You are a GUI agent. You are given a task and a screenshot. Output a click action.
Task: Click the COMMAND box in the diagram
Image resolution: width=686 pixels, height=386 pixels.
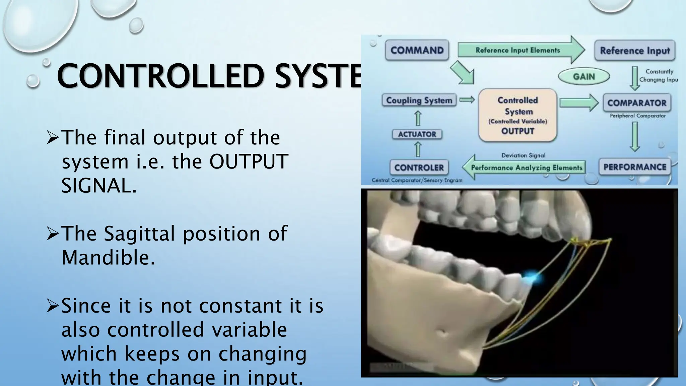417,50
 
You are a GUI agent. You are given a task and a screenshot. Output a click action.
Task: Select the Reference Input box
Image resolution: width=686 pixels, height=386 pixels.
635,51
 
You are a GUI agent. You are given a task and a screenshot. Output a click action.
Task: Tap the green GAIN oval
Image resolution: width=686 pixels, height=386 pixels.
584,76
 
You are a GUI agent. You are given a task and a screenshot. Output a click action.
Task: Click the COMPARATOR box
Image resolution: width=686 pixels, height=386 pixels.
637,103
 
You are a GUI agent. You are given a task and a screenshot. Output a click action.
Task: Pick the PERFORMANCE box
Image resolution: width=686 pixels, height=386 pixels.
635,167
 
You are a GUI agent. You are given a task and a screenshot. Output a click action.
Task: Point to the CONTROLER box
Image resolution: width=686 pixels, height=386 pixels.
419,168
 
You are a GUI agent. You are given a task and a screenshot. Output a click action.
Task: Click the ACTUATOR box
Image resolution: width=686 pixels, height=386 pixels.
417,134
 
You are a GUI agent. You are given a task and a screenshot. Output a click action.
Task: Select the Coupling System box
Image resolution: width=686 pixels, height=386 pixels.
419,100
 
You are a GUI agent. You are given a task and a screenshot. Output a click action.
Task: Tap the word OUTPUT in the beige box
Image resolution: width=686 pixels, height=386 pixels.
518,131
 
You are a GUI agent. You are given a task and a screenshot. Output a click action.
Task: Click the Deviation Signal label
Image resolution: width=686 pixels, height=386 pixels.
523,155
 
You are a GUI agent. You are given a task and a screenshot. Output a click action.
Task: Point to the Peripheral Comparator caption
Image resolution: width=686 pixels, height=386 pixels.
638,116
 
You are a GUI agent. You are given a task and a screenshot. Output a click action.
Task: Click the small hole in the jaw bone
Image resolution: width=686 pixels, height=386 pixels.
442,333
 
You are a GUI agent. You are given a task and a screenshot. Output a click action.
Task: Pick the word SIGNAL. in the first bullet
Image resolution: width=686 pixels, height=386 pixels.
99,186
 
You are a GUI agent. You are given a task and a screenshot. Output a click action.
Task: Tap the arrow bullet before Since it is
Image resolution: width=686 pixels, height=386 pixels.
53,306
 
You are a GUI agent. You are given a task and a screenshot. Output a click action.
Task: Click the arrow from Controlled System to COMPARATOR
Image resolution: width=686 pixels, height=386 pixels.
578,103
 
